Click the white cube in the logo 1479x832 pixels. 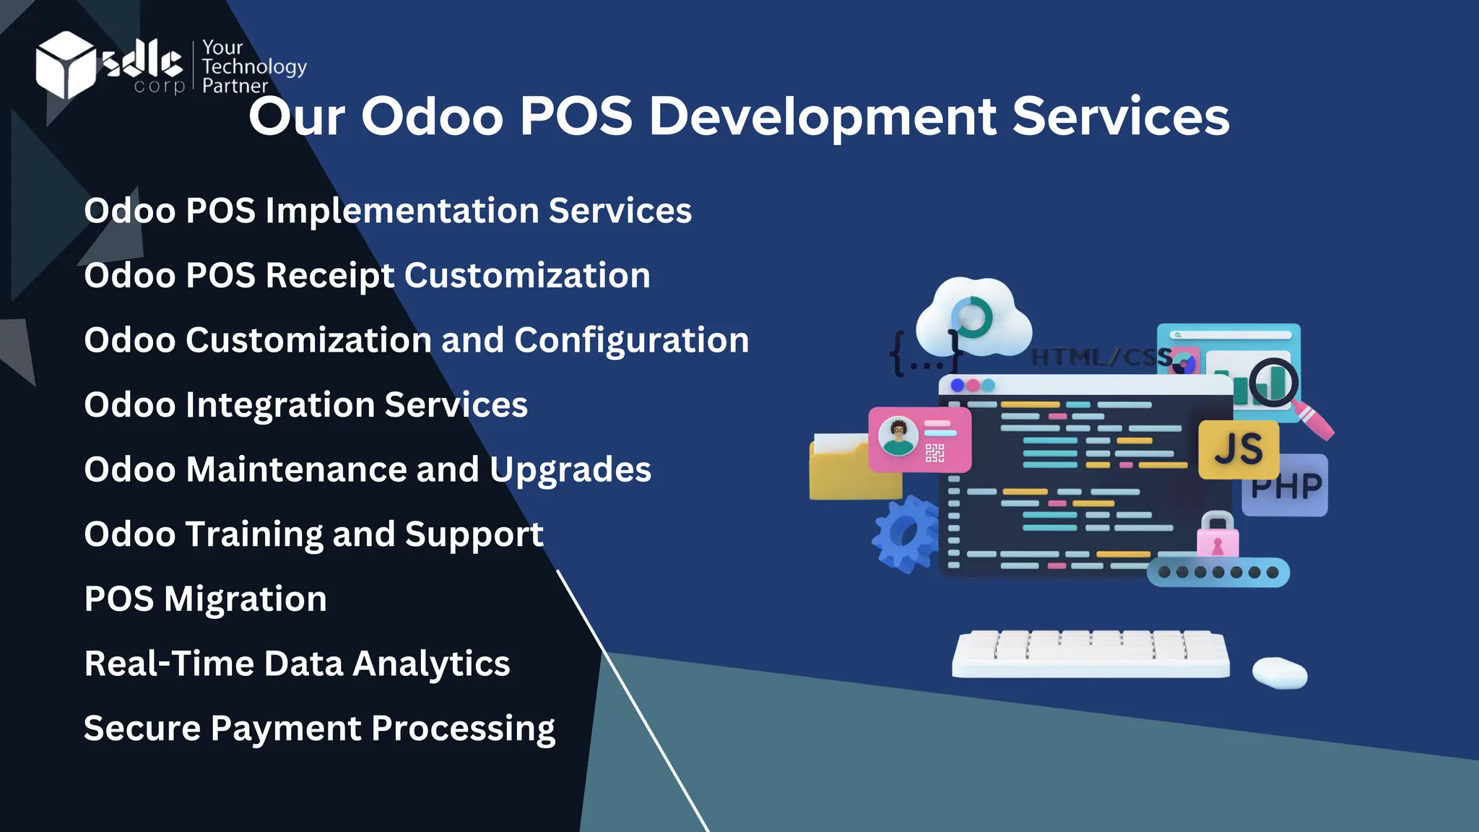[x=65, y=64]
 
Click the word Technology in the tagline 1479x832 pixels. [x=254, y=67]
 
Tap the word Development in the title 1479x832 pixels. [x=823, y=116]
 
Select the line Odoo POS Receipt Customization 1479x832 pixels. [x=367, y=276]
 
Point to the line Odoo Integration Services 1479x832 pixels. [x=305, y=405]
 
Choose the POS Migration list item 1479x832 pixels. [x=205, y=599]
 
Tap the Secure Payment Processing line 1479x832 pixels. [x=319, y=729]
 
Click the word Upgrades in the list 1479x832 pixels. [x=571, y=470]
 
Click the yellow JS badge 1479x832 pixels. [x=1239, y=449]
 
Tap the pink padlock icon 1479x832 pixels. [x=1218, y=536]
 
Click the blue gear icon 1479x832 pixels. [x=905, y=534]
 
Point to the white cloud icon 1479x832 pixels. [x=973, y=319]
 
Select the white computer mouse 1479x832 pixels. [x=1280, y=672]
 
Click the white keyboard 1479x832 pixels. [x=1090, y=654]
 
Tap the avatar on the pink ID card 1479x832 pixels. [x=898, y=436]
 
